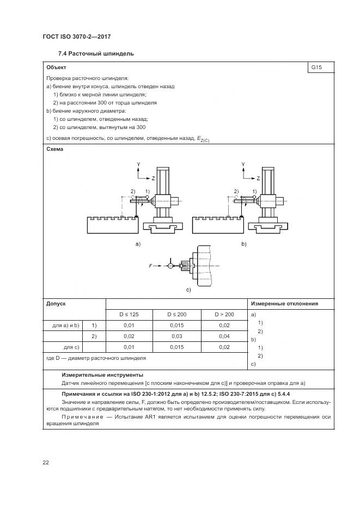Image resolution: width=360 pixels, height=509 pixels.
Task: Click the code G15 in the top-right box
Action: (315, 68)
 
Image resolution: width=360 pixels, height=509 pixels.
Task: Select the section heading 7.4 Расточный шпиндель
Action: (96, 54)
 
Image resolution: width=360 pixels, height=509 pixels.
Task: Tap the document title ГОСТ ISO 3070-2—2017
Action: (77, 36)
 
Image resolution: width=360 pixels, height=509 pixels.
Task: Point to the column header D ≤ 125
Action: (129, 314)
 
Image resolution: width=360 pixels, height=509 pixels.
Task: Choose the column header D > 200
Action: (224, 314)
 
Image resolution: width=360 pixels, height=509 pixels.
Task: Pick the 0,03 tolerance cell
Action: (176, 336)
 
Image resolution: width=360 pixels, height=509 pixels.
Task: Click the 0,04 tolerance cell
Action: (224, 336)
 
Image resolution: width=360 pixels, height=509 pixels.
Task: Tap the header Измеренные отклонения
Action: (284, 303)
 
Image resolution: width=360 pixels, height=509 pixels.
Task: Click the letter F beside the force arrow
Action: (150, 266)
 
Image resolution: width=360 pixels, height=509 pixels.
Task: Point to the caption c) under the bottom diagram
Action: (188, 290)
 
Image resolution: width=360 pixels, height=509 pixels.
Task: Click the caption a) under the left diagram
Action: (138, 244)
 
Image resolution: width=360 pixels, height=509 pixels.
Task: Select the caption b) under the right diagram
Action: (243, 244)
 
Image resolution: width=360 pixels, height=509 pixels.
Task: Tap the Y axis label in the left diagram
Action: (138, 164)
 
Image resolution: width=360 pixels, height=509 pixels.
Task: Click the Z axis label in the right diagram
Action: (258, 178)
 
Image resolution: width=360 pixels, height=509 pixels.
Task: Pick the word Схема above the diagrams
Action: (55, 150)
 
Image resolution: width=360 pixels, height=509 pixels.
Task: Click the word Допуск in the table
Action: (57, 303)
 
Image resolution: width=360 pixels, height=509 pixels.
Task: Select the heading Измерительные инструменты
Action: (102, 375)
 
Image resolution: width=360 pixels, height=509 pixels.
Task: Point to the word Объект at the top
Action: (57, 68)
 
